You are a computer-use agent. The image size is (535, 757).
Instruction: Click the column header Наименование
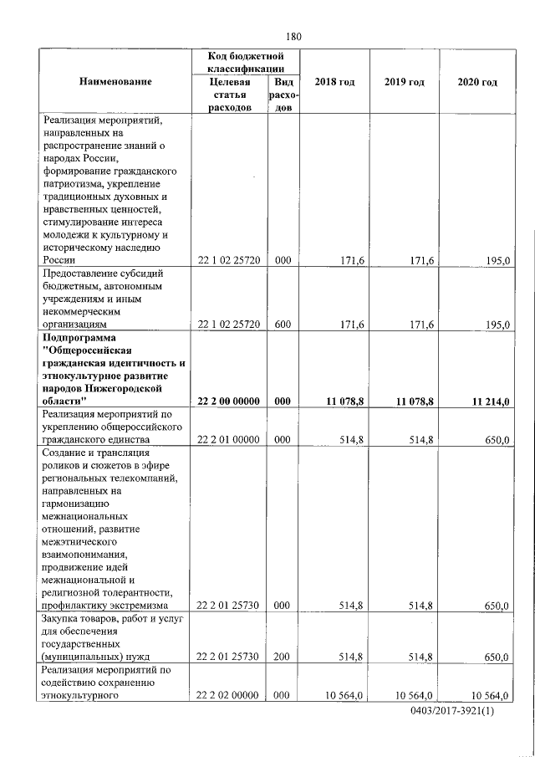tap(115, 82)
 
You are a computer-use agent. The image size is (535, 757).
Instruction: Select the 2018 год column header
tap(334, 82)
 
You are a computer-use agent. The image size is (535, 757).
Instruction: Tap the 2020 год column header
tap(478, 82)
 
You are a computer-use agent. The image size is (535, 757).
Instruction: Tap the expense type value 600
tap(283, 325)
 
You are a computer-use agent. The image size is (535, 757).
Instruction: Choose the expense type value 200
tap(283, 657)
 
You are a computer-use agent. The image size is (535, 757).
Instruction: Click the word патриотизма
tap(70, 183)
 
